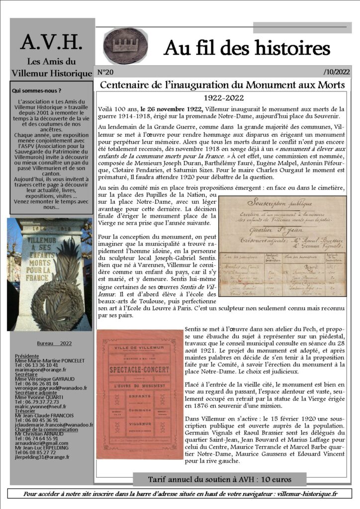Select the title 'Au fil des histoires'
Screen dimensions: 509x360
247,48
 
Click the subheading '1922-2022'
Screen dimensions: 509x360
223,97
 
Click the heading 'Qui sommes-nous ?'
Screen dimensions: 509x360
36,91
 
